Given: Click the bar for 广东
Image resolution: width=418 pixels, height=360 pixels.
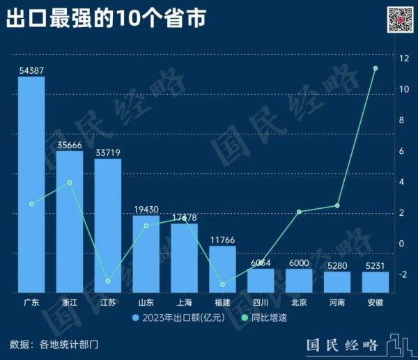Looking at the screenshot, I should (31, 185).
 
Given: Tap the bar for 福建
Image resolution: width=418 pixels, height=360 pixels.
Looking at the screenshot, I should (222, 268).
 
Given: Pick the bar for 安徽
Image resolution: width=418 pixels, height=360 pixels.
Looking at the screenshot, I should (375, 281).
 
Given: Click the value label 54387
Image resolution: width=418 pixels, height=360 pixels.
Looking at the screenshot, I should (31, 70).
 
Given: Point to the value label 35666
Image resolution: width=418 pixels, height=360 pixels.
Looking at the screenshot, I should (70, 145).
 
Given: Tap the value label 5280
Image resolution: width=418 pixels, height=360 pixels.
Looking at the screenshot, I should (336, 265).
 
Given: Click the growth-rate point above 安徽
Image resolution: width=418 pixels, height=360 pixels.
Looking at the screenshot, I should (375, 68).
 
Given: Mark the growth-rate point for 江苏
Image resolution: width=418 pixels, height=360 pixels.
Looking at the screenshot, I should (108, 281).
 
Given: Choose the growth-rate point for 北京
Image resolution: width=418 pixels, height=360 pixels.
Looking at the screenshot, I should (298, 212).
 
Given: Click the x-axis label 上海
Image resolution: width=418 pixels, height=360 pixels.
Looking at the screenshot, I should (184, 303).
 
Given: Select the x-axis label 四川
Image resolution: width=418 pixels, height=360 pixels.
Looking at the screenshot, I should (260, 303).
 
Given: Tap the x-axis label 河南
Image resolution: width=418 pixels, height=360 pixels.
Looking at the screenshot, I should (336, 303).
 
